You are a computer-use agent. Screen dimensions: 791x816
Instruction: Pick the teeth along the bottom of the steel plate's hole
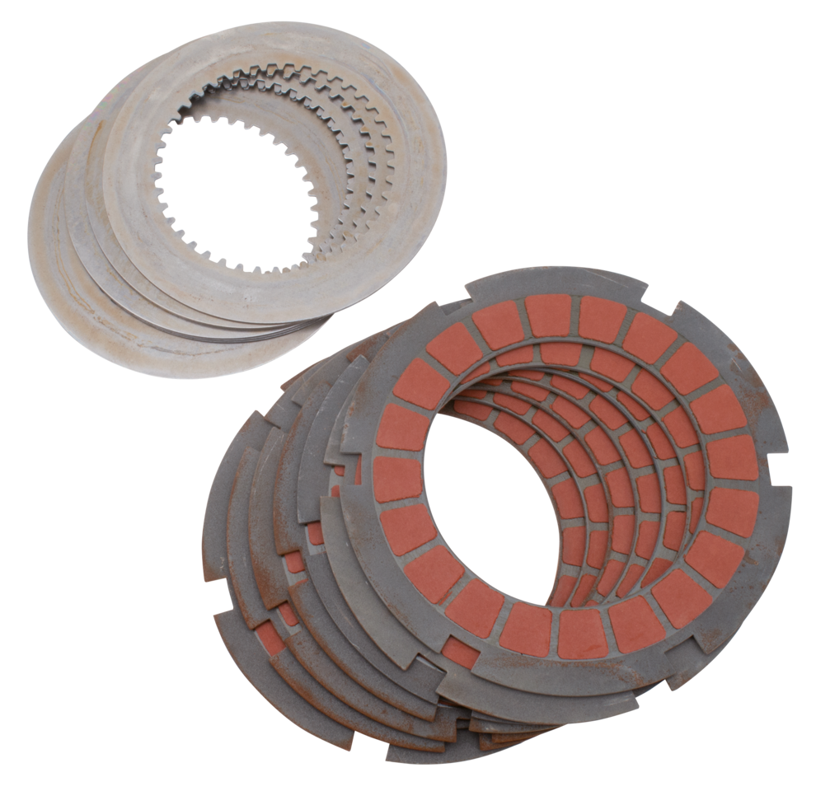pyautogui.click(x=247, y=264)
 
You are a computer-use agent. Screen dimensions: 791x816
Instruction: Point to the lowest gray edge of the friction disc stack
pyautogui.click(x=429, y=754)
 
